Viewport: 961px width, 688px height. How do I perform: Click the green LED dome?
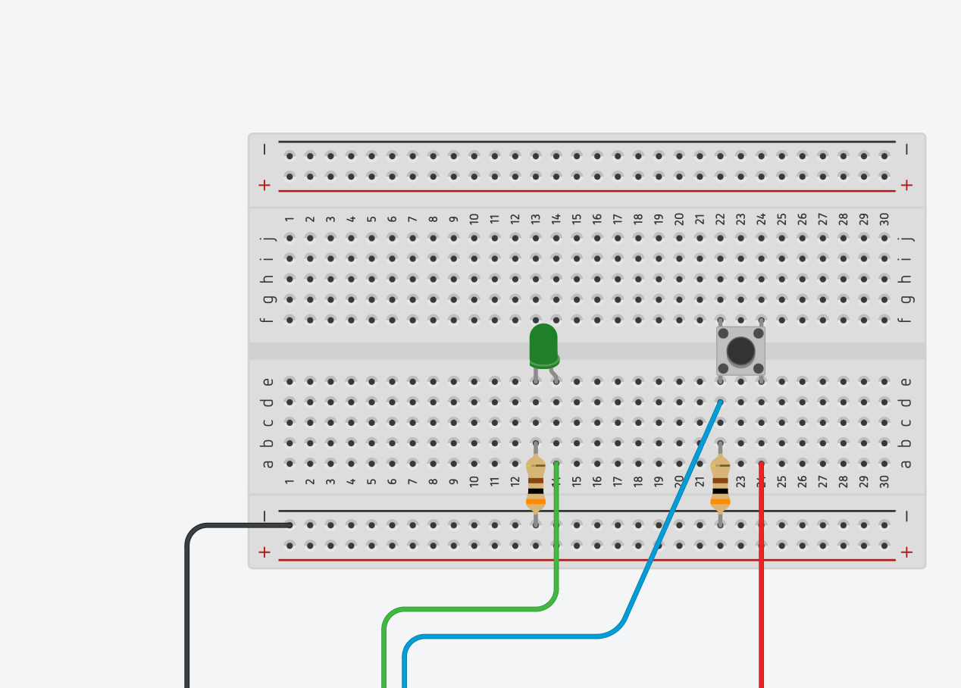pos(543,342)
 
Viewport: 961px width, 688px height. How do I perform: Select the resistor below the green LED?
pos(536,483)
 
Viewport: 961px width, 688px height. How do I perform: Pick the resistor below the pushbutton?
pos(720,483)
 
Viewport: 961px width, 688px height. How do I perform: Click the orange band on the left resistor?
pos(536,501)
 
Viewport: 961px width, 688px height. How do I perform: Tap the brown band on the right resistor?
pos(720,480)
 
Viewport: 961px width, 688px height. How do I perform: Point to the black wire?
pos(187,606)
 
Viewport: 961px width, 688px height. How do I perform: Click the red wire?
pos(761,591)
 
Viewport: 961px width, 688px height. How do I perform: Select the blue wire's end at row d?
pos(719,402)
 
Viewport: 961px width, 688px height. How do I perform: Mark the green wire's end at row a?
pos(556,464)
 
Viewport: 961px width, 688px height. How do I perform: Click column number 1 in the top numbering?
pos(290,219)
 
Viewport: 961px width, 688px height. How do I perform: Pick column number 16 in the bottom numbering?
pos(597,481)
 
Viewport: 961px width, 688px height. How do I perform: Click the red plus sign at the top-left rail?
pos(265,185)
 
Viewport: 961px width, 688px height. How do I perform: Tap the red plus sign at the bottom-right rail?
pos(906,552)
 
